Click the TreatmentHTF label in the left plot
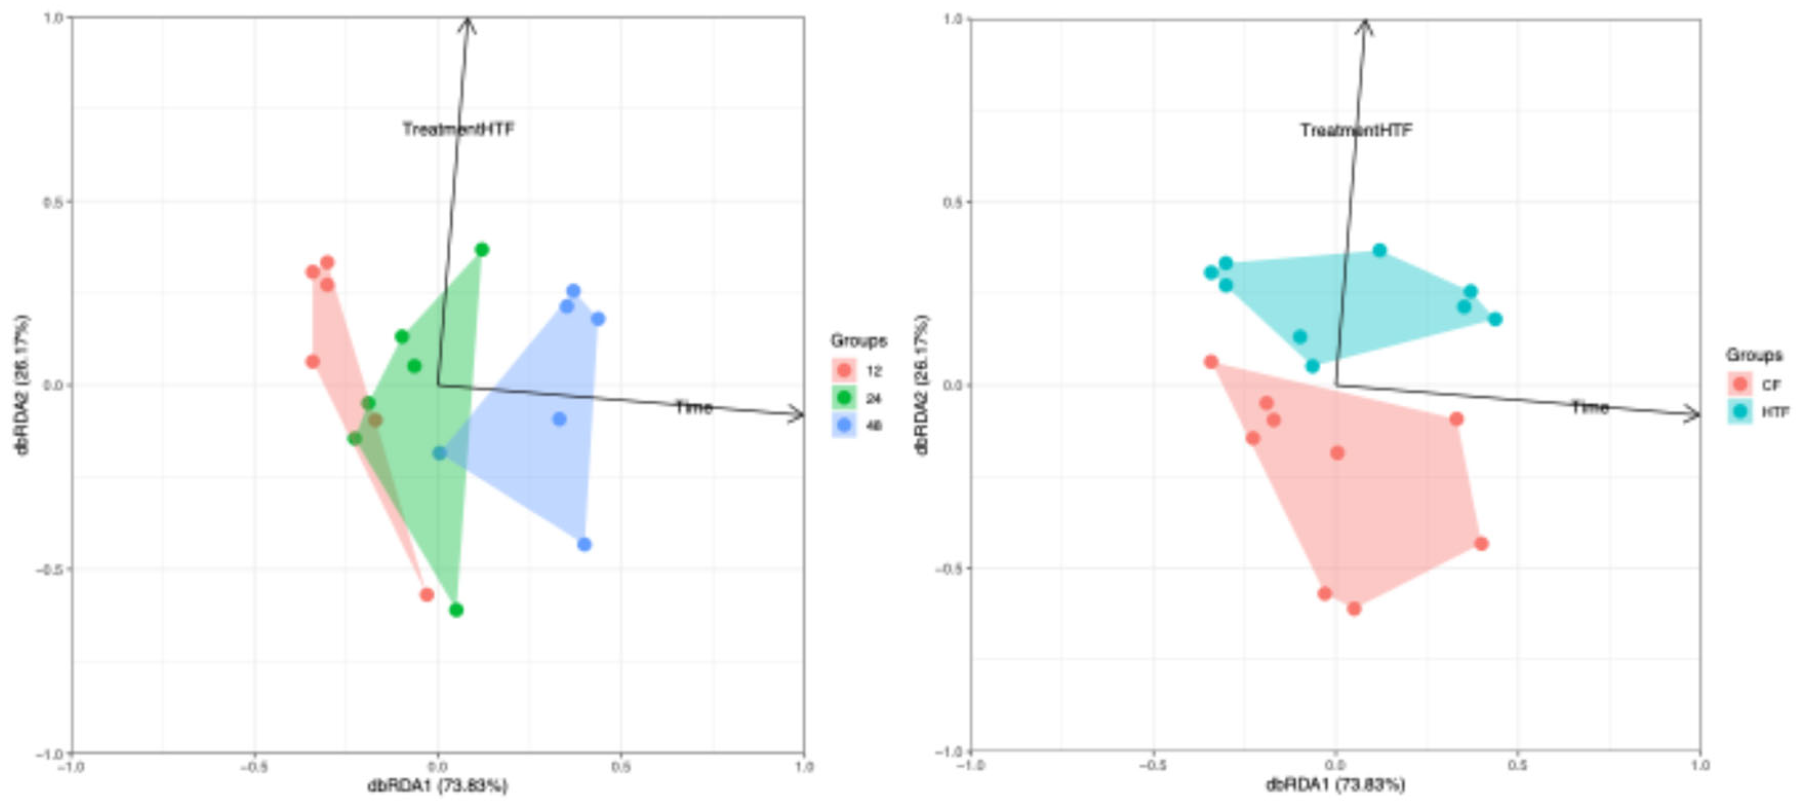coord(458,129)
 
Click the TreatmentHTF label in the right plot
coord(1356,130)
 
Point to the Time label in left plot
coord(694,407)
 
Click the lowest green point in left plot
coord(456,610)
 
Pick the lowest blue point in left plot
coord(584,544)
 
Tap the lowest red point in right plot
coord(1354,609)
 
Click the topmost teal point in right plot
coord(1380,250)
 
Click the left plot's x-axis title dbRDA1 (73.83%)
coord(438,786)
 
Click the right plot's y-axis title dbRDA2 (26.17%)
coord(922,385)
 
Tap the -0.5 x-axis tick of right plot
coord(1152,766)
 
